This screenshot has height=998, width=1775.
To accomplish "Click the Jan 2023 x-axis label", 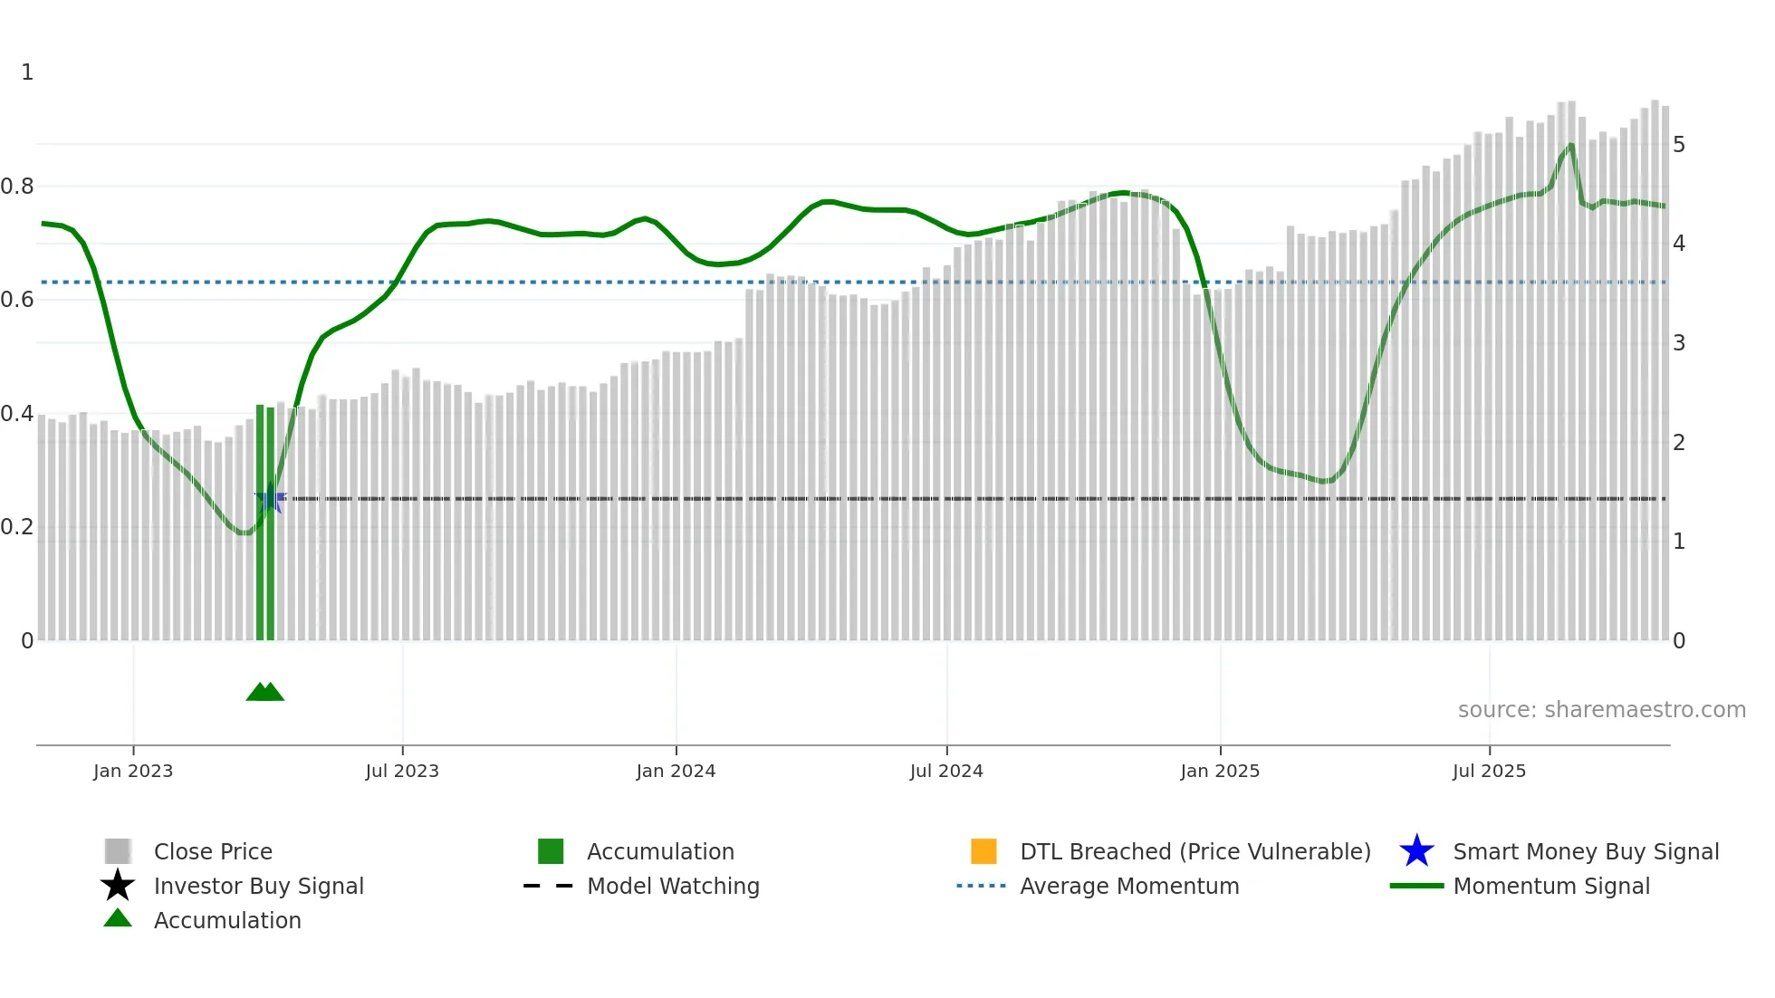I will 132,771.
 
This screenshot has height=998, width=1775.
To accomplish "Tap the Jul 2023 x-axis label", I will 402,771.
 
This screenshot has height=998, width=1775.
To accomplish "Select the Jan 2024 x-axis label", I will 676,771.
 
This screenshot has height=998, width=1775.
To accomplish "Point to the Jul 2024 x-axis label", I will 946,771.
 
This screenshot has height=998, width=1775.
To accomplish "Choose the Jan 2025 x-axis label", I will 1220,771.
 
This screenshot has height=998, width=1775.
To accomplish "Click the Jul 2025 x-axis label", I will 1489,771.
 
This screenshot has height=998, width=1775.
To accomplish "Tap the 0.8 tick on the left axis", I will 17,187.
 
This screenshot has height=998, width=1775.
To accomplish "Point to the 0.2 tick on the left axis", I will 17,527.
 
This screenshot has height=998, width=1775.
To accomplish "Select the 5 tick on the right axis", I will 1679,145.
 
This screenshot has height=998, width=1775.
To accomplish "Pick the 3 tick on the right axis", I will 1679,343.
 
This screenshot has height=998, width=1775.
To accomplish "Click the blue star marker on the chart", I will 270,499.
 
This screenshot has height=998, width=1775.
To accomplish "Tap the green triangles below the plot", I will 265,692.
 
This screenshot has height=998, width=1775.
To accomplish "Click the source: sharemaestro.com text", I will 1601,709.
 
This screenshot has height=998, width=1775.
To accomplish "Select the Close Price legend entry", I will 213,851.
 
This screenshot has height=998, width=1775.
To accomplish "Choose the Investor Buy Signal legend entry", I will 258,886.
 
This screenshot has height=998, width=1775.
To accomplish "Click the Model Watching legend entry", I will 673,886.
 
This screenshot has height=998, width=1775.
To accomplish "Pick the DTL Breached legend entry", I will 1195,851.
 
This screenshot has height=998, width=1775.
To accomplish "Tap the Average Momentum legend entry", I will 1129,886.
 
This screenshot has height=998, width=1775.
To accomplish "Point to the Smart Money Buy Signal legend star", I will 1416,851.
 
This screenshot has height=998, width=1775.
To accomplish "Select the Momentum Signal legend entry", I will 1551,886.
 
